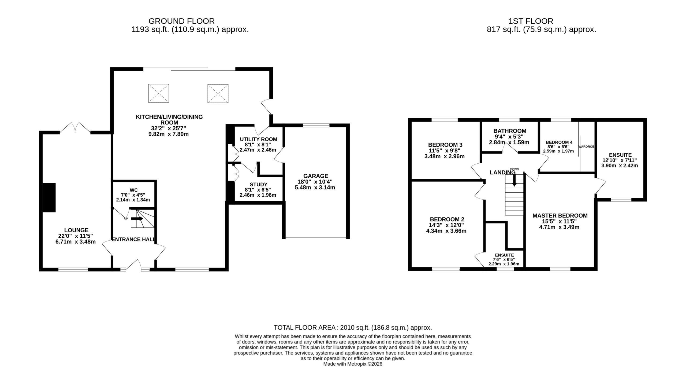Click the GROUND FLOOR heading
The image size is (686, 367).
[x=181, y=21]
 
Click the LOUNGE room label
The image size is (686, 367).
[x=76, y=230]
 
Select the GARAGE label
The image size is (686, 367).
[x=316, y=176]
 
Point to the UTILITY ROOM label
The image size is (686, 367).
[x=259, y=139]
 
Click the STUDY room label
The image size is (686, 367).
[x=259, y=185]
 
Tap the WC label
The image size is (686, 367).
[x=133, y=190]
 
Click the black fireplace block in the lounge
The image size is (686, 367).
[x=49, y=198]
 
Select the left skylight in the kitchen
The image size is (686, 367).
[x=159, y=93]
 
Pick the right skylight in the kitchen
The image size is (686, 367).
[x=218, y=93]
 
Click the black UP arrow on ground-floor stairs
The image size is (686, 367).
[x=137, y=219]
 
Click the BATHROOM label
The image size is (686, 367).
[x=510, y=131]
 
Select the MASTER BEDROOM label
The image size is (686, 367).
[x=560, y=216]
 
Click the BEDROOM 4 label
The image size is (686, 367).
[x=559, y=142]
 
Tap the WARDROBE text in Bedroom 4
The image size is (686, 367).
[x=586, y=147]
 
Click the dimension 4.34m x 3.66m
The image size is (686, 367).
[x=446, y=231]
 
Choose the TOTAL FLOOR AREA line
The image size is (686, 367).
[x=353, y=328]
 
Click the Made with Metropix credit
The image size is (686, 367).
[x=353, y=364]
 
